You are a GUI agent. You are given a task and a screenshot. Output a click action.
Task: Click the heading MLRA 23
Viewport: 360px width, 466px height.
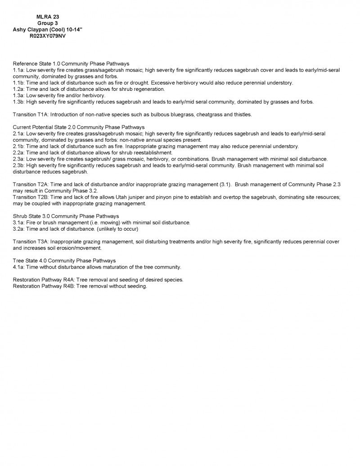click(x=48, y=17)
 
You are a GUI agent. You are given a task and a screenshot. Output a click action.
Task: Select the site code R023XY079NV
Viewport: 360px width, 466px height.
click(x=48, y=35)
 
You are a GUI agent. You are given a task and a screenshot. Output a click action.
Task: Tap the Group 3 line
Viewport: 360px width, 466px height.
click(x=48, y=23)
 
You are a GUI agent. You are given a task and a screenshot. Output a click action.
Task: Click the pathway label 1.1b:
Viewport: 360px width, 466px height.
click(x=19, y=83)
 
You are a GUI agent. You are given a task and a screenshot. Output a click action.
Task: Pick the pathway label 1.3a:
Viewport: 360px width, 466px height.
click(x=19, y=95)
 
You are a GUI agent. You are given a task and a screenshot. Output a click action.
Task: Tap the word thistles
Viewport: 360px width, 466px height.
click(x=242, y=115)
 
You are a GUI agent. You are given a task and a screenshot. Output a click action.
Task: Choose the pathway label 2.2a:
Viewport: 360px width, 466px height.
click(x=19, y=152)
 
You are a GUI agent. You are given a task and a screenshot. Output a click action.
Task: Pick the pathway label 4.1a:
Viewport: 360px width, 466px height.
click(x=19, y=267)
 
